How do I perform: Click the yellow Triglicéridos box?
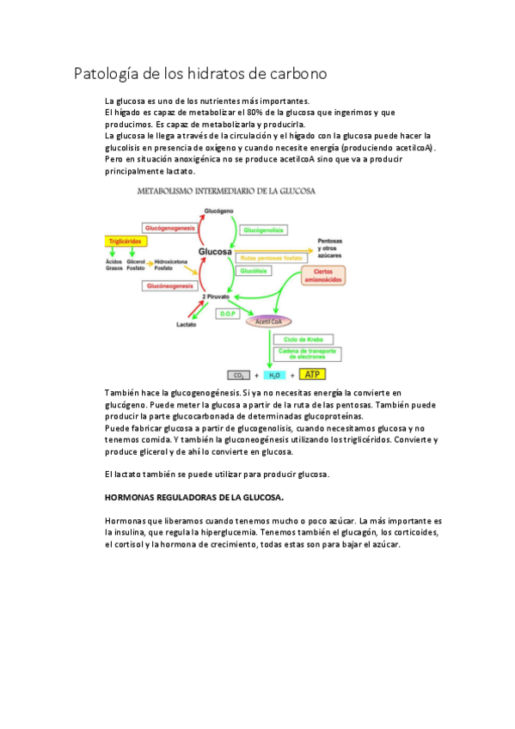[123, 242]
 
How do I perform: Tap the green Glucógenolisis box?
[262, 230]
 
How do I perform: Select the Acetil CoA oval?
[267, 322]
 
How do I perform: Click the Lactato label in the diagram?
[187, 325]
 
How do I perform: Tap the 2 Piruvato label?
[215, 296]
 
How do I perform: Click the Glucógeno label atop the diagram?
[219, 211]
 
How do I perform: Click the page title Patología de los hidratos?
[200, 73]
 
